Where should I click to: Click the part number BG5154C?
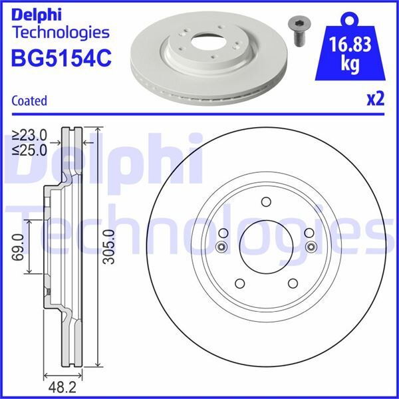click(x=60, y=59)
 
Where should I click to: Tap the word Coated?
click(x=29, y=101)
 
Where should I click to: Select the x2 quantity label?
click(x=376, y=99)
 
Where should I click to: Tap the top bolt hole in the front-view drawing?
click(x=266, y=203)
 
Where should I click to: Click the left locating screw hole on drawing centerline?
click(x=221, y=247)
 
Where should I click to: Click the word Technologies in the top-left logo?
click(x=61, y=31)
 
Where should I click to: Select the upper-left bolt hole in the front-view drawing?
click(x=224, y=233)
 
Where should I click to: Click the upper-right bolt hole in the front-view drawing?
click(x=308, y=233)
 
